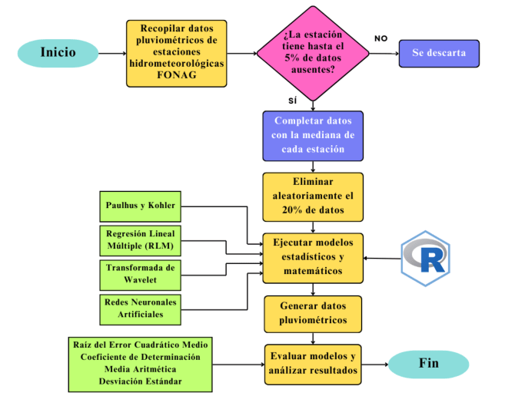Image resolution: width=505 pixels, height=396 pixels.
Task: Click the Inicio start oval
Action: point(58,53)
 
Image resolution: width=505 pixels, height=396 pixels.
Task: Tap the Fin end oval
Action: point(428,363)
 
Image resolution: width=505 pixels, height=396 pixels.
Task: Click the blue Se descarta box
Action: point(439,54)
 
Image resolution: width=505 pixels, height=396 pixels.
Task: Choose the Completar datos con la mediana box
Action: point(313,136)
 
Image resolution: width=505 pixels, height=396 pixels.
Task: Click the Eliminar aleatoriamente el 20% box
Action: point(313,196)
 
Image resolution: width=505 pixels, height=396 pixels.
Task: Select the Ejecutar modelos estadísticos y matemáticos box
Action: point(313,256)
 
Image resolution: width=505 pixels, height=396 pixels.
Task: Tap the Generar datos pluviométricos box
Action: point(313,313)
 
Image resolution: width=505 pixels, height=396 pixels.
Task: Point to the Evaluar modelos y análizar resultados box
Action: point(313,363)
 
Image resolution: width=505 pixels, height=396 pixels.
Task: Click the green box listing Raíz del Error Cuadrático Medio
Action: point(141,362)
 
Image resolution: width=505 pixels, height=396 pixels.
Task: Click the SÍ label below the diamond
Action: point(292,101)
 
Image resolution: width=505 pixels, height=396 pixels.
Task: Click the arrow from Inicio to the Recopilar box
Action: point(112,54)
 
